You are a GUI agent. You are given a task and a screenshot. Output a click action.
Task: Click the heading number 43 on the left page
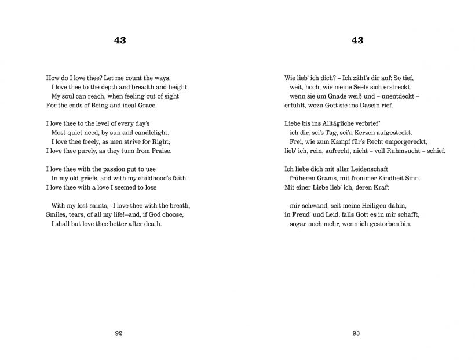click(x=119, y=41)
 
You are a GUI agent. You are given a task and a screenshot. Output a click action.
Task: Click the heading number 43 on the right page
click(x=357, y=41)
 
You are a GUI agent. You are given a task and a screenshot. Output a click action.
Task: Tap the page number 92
click(x=119, y=333)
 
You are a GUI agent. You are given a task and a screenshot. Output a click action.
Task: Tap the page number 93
click(x=357, y=333)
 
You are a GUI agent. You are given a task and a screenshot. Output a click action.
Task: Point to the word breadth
click(x=132, y=86)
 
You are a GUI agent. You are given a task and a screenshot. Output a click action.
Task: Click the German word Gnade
click(x=341, y=96)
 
